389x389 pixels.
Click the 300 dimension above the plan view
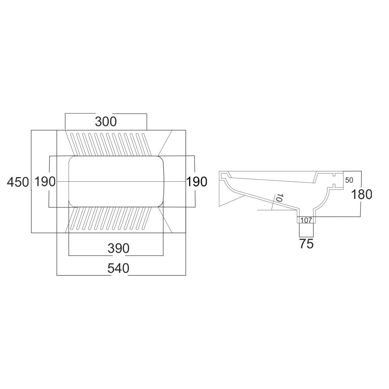pos(106,122)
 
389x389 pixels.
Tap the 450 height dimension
pos(18,182)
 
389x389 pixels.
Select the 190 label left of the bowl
pos(45,181)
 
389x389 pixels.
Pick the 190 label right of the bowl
pos(196,181)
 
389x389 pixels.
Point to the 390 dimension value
pos(118,248)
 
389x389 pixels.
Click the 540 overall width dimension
pos(118,268)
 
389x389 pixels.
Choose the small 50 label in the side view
pos(349,180)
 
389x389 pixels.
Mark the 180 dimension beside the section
pos(361,194)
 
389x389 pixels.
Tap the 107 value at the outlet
pos(306,221)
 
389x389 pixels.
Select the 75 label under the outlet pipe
pos(307,244)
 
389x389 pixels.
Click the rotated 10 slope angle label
pos(278,198)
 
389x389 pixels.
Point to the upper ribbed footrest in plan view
pos(110,144)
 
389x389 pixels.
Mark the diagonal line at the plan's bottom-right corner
pos(165,219)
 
